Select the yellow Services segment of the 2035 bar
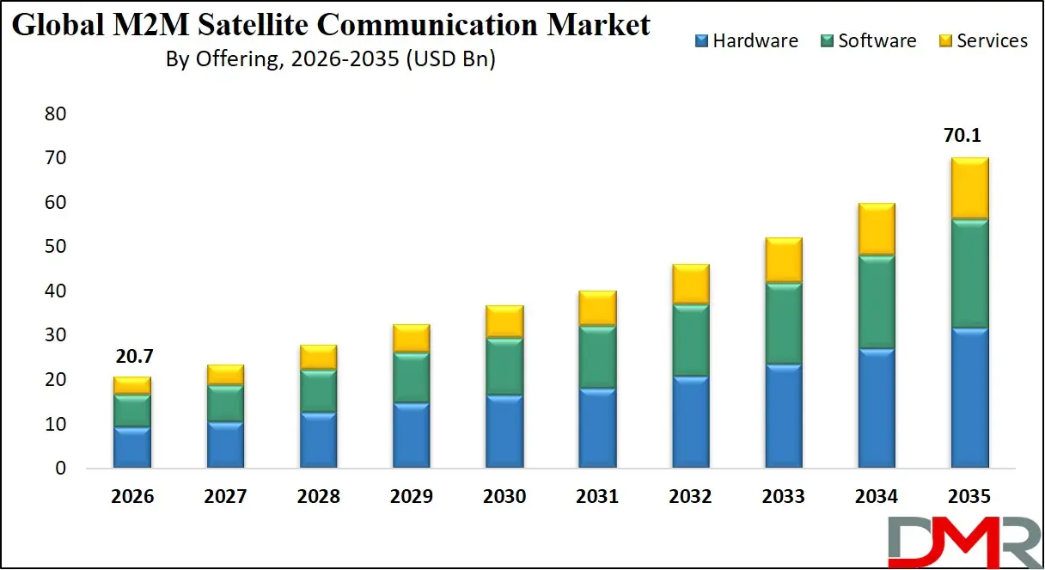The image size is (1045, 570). [x=969, y=188]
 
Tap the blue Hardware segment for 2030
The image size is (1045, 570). [x=504, y=431]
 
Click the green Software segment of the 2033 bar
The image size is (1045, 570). [x=783, y=323]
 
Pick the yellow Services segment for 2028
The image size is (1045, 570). [x=318, y=357]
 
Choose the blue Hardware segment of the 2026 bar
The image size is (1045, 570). [x=131, y=447]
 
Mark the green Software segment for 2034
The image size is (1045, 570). [x=876, y=302]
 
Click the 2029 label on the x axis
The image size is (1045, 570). [x=411, y=497]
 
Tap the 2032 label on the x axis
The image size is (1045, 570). [x=690, y=497]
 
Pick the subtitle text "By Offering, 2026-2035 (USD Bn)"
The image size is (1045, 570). [x=331, y=60]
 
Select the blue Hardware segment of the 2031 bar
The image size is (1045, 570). [x=596, y=428]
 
